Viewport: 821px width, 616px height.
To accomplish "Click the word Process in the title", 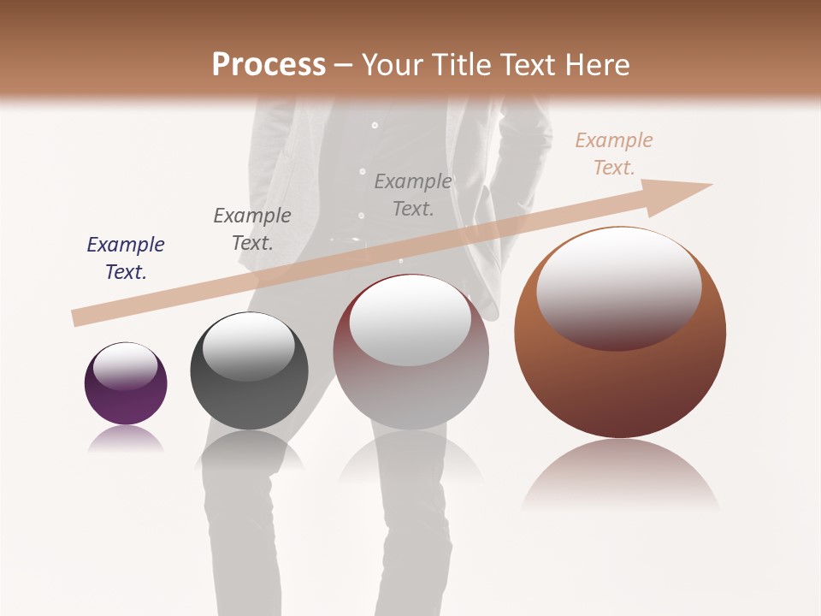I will [269, 64].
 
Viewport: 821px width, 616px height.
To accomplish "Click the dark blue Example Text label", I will [126, 258].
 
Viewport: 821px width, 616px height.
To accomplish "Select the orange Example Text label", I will [614, 153].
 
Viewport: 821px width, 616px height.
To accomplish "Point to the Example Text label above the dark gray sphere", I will [252, 228].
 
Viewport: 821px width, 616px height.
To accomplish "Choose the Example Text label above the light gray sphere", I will [413, 194].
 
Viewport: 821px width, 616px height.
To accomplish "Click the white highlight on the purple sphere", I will [126, 366].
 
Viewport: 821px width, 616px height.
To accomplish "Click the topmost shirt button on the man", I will [374, 125].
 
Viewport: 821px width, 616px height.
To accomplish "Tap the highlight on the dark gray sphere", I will [248, 345].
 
